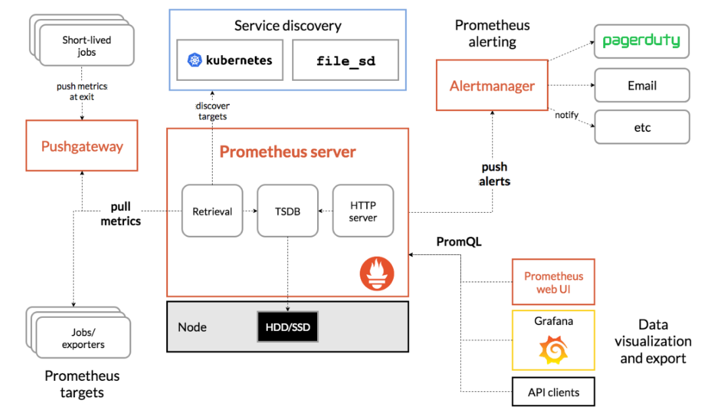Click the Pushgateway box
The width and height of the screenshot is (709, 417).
(x=82, y=146)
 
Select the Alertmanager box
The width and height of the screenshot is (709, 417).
(x=492, y=85)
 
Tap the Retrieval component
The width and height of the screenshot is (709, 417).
(x=212, y=211)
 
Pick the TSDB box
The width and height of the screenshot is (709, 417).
(x=287, y=211)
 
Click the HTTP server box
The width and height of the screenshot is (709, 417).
(x=363, y=211)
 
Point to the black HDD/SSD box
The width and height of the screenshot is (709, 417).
(x=288, y=326)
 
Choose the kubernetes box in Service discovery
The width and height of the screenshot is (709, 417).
(x=230, y=60)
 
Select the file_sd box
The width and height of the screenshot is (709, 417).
(x=345, y=60)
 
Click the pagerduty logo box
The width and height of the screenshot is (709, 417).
(x=641, y=41)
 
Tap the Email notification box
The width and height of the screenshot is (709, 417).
(x=641, y=85)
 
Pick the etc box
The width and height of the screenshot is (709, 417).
(x=641, y=127)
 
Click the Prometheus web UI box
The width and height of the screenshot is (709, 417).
(x=553, y=282)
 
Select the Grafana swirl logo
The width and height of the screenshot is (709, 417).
(x=553, y=350)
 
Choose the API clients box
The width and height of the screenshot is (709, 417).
(x=553, y=393)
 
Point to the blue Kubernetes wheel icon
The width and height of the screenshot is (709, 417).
(x=195, y=60)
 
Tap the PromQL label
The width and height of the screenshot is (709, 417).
(x=459, y=242)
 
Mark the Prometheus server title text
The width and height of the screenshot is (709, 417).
(x=288, y=152)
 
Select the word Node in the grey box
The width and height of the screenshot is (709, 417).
(x=192, y=326)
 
